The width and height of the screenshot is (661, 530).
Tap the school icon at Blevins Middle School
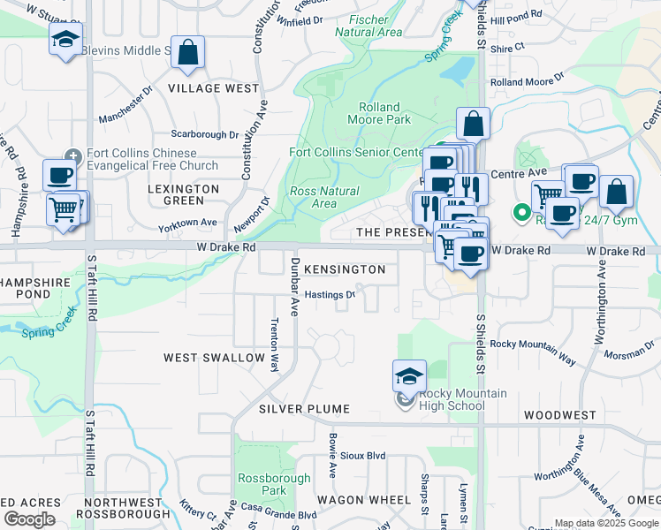[x=65, y=41]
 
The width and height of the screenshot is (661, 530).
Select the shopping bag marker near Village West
[x=188, y=53]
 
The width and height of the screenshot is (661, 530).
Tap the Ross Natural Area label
[x=324, y=197]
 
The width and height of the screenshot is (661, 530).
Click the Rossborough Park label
[x=262, y=484]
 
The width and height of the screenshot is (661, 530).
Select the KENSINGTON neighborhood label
[x=345, y=269]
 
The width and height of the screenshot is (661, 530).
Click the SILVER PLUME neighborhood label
[x=305, y=409]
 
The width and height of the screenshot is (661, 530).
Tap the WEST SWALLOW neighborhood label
[x=215, y=358]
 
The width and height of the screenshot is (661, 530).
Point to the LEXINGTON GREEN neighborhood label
[x=184, y=194]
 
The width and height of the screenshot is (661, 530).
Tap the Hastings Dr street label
[x=330, y=295]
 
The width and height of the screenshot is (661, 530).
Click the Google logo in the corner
[x=29, y=519]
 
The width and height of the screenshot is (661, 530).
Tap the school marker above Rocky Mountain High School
[x=409, y=376]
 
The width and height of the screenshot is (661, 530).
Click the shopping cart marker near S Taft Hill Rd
[x=64, y=209]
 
